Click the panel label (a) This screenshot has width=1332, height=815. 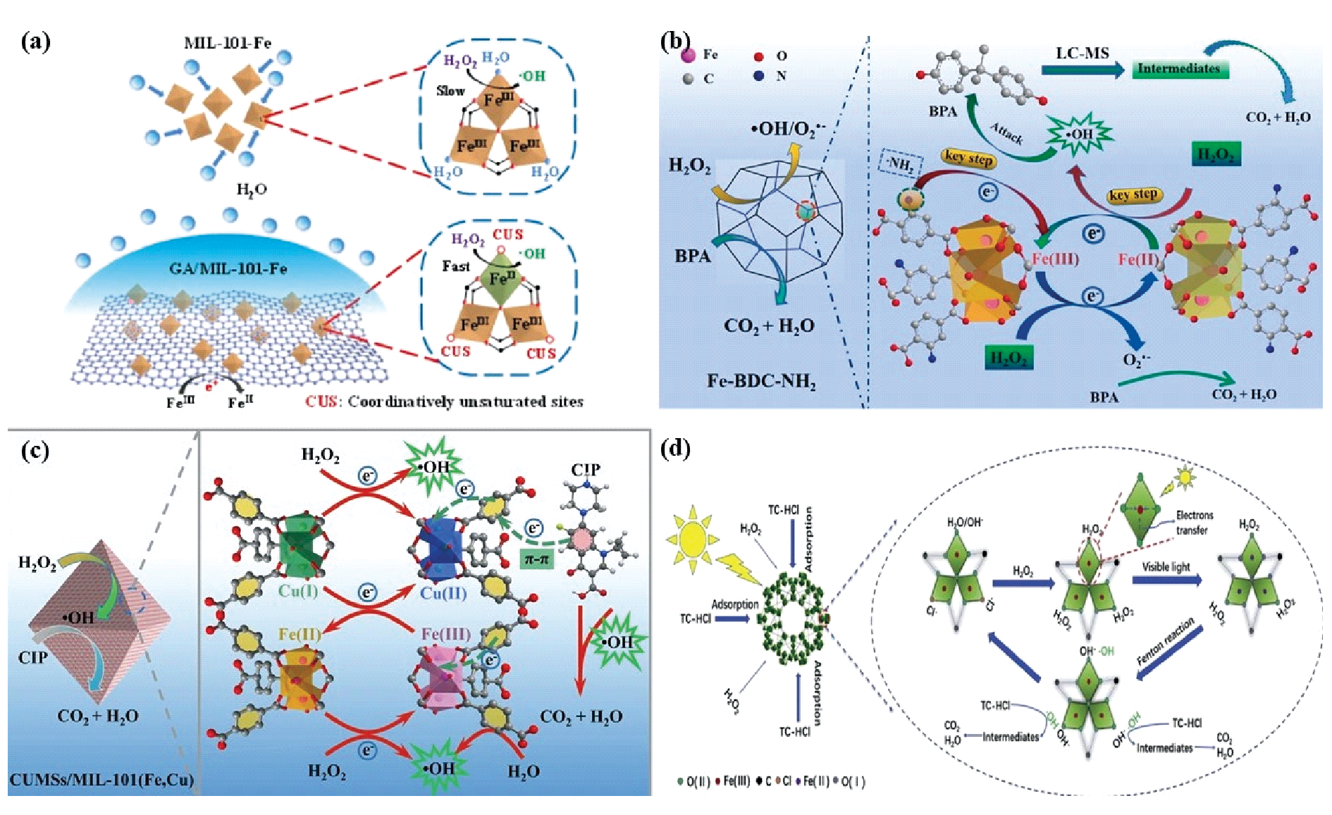(x=35, y=42)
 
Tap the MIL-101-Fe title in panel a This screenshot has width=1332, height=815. (x=227, y=43)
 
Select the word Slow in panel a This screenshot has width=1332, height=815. (x=450, y=91)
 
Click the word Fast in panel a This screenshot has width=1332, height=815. (x=455, y=266)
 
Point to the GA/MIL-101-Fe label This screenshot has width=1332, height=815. (x=228, y=268)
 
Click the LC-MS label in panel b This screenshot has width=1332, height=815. (x=1082, y=54)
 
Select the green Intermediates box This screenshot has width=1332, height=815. (x=1178, y=69)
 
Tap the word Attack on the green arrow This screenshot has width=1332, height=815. (x=1006, y=132)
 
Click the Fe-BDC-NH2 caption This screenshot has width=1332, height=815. (x=761, y=382)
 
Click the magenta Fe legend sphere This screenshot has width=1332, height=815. (x=689, y=54)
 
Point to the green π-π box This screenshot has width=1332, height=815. (x=536, y=559)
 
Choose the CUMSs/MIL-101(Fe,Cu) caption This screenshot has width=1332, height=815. (x=101, y=780)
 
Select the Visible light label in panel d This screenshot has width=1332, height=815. (x=1166, y=566)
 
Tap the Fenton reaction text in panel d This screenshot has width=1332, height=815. (x=1166, y=642)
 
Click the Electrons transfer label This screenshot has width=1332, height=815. (x=1194, y=523)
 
